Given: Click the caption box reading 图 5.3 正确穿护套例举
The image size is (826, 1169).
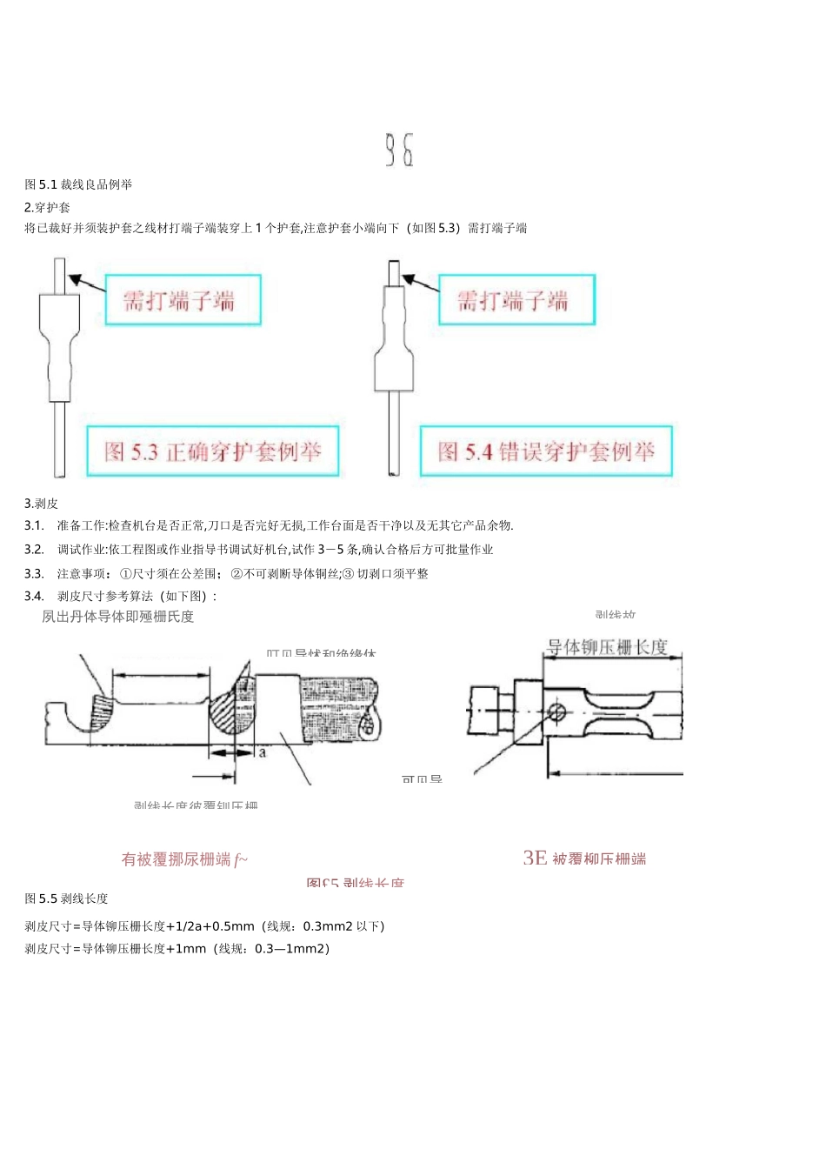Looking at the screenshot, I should pos(212,451).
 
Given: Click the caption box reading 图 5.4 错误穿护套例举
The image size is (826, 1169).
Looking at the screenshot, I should pos(546,451).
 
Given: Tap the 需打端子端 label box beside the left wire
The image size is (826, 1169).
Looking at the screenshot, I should pos(183,301).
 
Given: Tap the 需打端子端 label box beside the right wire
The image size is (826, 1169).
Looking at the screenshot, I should pos(516,300).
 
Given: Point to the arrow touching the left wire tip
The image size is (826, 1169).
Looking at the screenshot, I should pos(85,281).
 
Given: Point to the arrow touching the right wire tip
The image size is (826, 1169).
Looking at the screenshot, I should pos(419,281).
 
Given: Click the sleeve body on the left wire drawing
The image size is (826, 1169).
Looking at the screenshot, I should pos(59,348).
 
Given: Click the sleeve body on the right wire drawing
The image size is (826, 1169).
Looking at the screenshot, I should pos(393,348).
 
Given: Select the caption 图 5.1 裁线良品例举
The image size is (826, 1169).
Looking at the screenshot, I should pos(78,184).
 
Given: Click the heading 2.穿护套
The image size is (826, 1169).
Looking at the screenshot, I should pos(47,207).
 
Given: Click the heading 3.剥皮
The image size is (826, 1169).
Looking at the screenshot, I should pos(41,504).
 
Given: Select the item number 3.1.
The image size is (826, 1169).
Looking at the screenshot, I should pos(34,525).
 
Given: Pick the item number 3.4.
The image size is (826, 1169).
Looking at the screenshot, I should pos(34,596).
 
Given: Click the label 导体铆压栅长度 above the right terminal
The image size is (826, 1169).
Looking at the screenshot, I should pos(606,648).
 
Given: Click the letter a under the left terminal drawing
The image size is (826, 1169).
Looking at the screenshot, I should pos(263,751).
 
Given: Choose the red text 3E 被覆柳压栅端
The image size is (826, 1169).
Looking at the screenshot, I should pos(584,858).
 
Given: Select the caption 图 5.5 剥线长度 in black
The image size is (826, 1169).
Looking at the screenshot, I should pos(66,898).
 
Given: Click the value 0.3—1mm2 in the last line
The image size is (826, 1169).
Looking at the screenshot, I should pos(291,949).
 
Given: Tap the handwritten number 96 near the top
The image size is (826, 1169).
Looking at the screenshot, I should pos(400,150).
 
